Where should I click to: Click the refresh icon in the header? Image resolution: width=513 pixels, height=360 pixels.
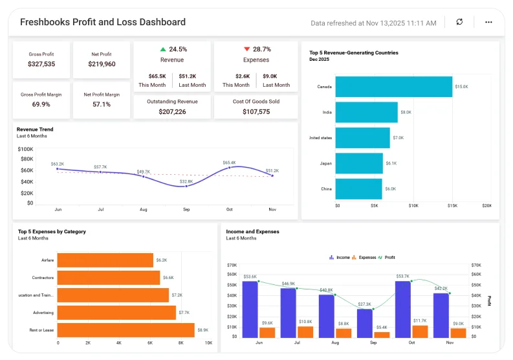[459, 22]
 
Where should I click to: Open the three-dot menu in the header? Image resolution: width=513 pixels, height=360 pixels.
[488, 22]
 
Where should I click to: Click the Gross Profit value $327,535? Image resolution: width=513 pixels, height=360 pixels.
[41, 64]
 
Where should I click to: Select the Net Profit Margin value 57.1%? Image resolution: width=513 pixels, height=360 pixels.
[102, 104]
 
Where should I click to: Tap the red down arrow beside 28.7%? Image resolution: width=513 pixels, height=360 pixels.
[246, 49]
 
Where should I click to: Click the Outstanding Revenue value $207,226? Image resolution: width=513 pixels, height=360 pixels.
[172, 112]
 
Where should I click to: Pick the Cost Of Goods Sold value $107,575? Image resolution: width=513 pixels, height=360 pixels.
[256, 112]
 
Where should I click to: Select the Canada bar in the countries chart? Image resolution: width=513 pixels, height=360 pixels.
[393, 87]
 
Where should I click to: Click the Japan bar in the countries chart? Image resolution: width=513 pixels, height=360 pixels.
[359, 164]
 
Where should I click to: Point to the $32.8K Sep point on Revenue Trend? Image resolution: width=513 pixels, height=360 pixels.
[186, 186]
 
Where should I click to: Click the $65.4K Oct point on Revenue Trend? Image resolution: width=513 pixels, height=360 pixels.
[229, 168]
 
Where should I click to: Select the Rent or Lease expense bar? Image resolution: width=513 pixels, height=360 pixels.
[126, 330]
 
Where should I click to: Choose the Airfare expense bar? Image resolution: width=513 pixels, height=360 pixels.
[105, 260]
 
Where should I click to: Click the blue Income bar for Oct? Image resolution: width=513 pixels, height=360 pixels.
[402, 309]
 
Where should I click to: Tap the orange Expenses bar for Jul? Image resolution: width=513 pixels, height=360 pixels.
[305, 332]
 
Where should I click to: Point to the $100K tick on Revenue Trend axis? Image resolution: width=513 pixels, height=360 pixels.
[27, 148]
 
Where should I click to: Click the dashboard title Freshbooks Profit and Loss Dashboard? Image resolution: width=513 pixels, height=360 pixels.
[103, 22]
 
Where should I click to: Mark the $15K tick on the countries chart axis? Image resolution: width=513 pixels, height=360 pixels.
[452, 205]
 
